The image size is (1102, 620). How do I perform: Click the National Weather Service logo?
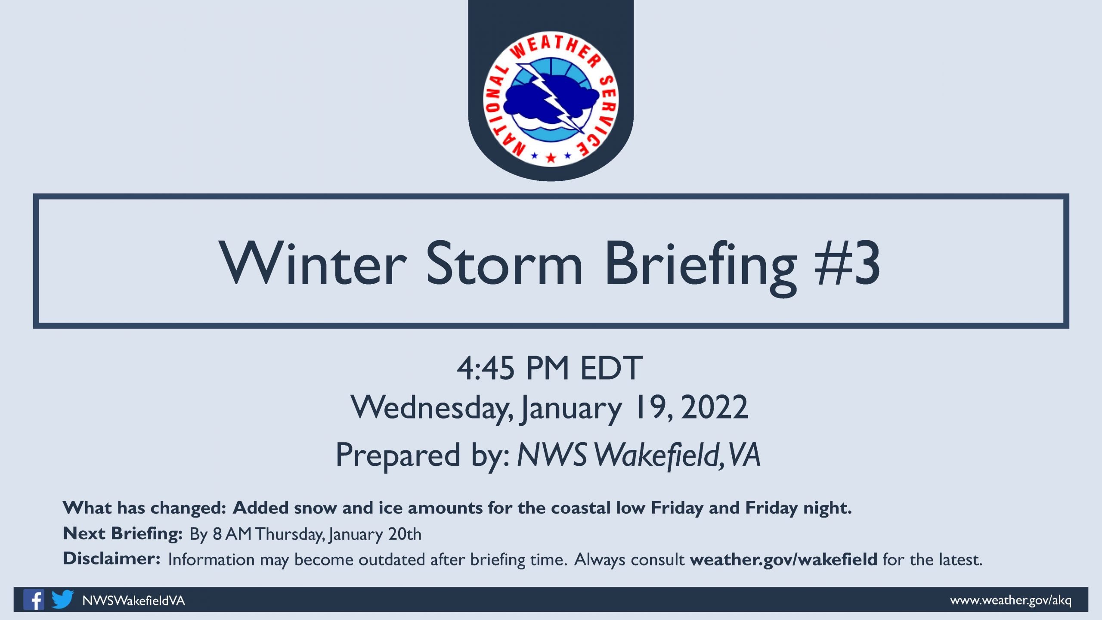click(551, 99)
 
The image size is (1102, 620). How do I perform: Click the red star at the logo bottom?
click(551, 158)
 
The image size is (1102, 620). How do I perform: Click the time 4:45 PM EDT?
click(550, 369)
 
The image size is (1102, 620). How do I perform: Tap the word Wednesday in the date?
click(432, 408)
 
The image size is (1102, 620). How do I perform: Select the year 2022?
click(715, 407)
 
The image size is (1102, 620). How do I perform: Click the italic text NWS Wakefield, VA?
click(639, 455)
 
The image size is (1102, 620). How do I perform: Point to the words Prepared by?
click(423, 456)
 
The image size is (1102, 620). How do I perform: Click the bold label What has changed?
click(145, 508)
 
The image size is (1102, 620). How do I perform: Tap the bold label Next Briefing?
click(123, 534)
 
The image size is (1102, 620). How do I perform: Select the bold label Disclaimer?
click(112, 559)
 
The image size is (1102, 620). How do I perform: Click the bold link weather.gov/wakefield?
click(783, 560)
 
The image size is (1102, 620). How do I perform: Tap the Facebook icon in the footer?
click(34, 599)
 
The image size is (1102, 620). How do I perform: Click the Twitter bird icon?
click(63, 599)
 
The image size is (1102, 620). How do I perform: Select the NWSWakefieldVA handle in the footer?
click(133, 601)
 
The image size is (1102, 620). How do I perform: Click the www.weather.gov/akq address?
click(1011, 600)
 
